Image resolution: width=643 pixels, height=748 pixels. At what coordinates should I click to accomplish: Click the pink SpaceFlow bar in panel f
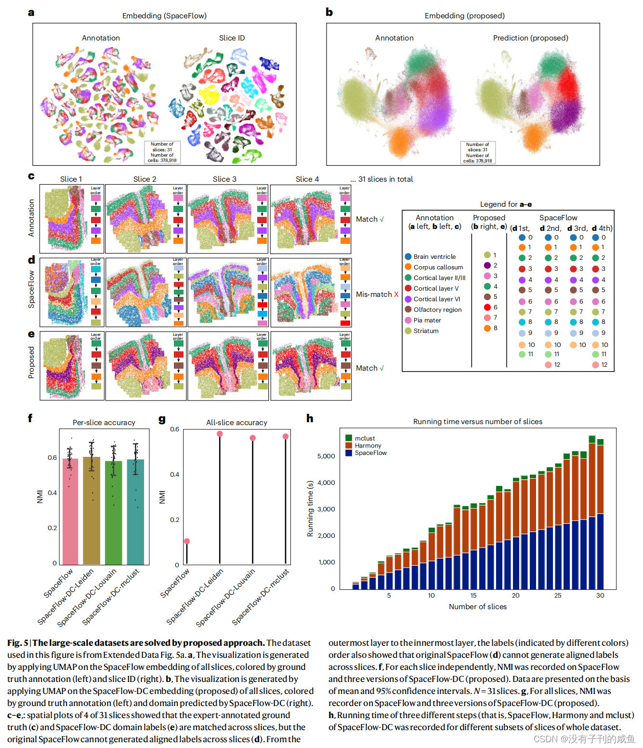pyautogui.click(x=70, y=511)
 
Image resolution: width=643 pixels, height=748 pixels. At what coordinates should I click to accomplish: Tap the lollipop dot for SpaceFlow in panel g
pyautogui.click(x=187, y=541)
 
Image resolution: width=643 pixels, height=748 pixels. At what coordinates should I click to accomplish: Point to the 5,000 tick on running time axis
pyautogui.click(x=326, y=456)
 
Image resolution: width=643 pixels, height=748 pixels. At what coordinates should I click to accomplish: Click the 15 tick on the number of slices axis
pyautogui.click(x=473, y=596)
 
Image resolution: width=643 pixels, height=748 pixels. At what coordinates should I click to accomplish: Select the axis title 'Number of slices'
pyautogui.click(x=477, y=607)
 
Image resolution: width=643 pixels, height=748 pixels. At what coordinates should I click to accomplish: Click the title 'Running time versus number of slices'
pyautogui.click(x=477, y=422)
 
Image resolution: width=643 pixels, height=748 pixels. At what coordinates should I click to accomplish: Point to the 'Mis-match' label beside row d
pyautogui.click(x=374, y=294)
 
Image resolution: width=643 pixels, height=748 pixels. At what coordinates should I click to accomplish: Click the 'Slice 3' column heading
pyautogui.click(x=224, y=179)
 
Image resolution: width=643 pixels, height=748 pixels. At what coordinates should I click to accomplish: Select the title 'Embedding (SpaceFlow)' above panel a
pyautogui.click(x=164, y=16)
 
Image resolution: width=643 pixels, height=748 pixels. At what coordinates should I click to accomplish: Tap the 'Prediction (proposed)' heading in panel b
pyautogui.click(x=530, y=38)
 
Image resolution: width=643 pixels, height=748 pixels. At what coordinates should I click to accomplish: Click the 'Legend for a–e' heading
pyautogui.click(x=506, y=204)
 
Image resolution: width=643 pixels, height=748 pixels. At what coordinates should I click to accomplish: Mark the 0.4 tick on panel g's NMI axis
pyautogui.click(x=174, y=475)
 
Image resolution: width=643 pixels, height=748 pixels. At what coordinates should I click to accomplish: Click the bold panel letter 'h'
pyautogui.click(x=310, y=418)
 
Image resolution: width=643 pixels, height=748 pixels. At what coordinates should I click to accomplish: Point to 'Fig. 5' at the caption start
pyautogui.click(x=17, y=643)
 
